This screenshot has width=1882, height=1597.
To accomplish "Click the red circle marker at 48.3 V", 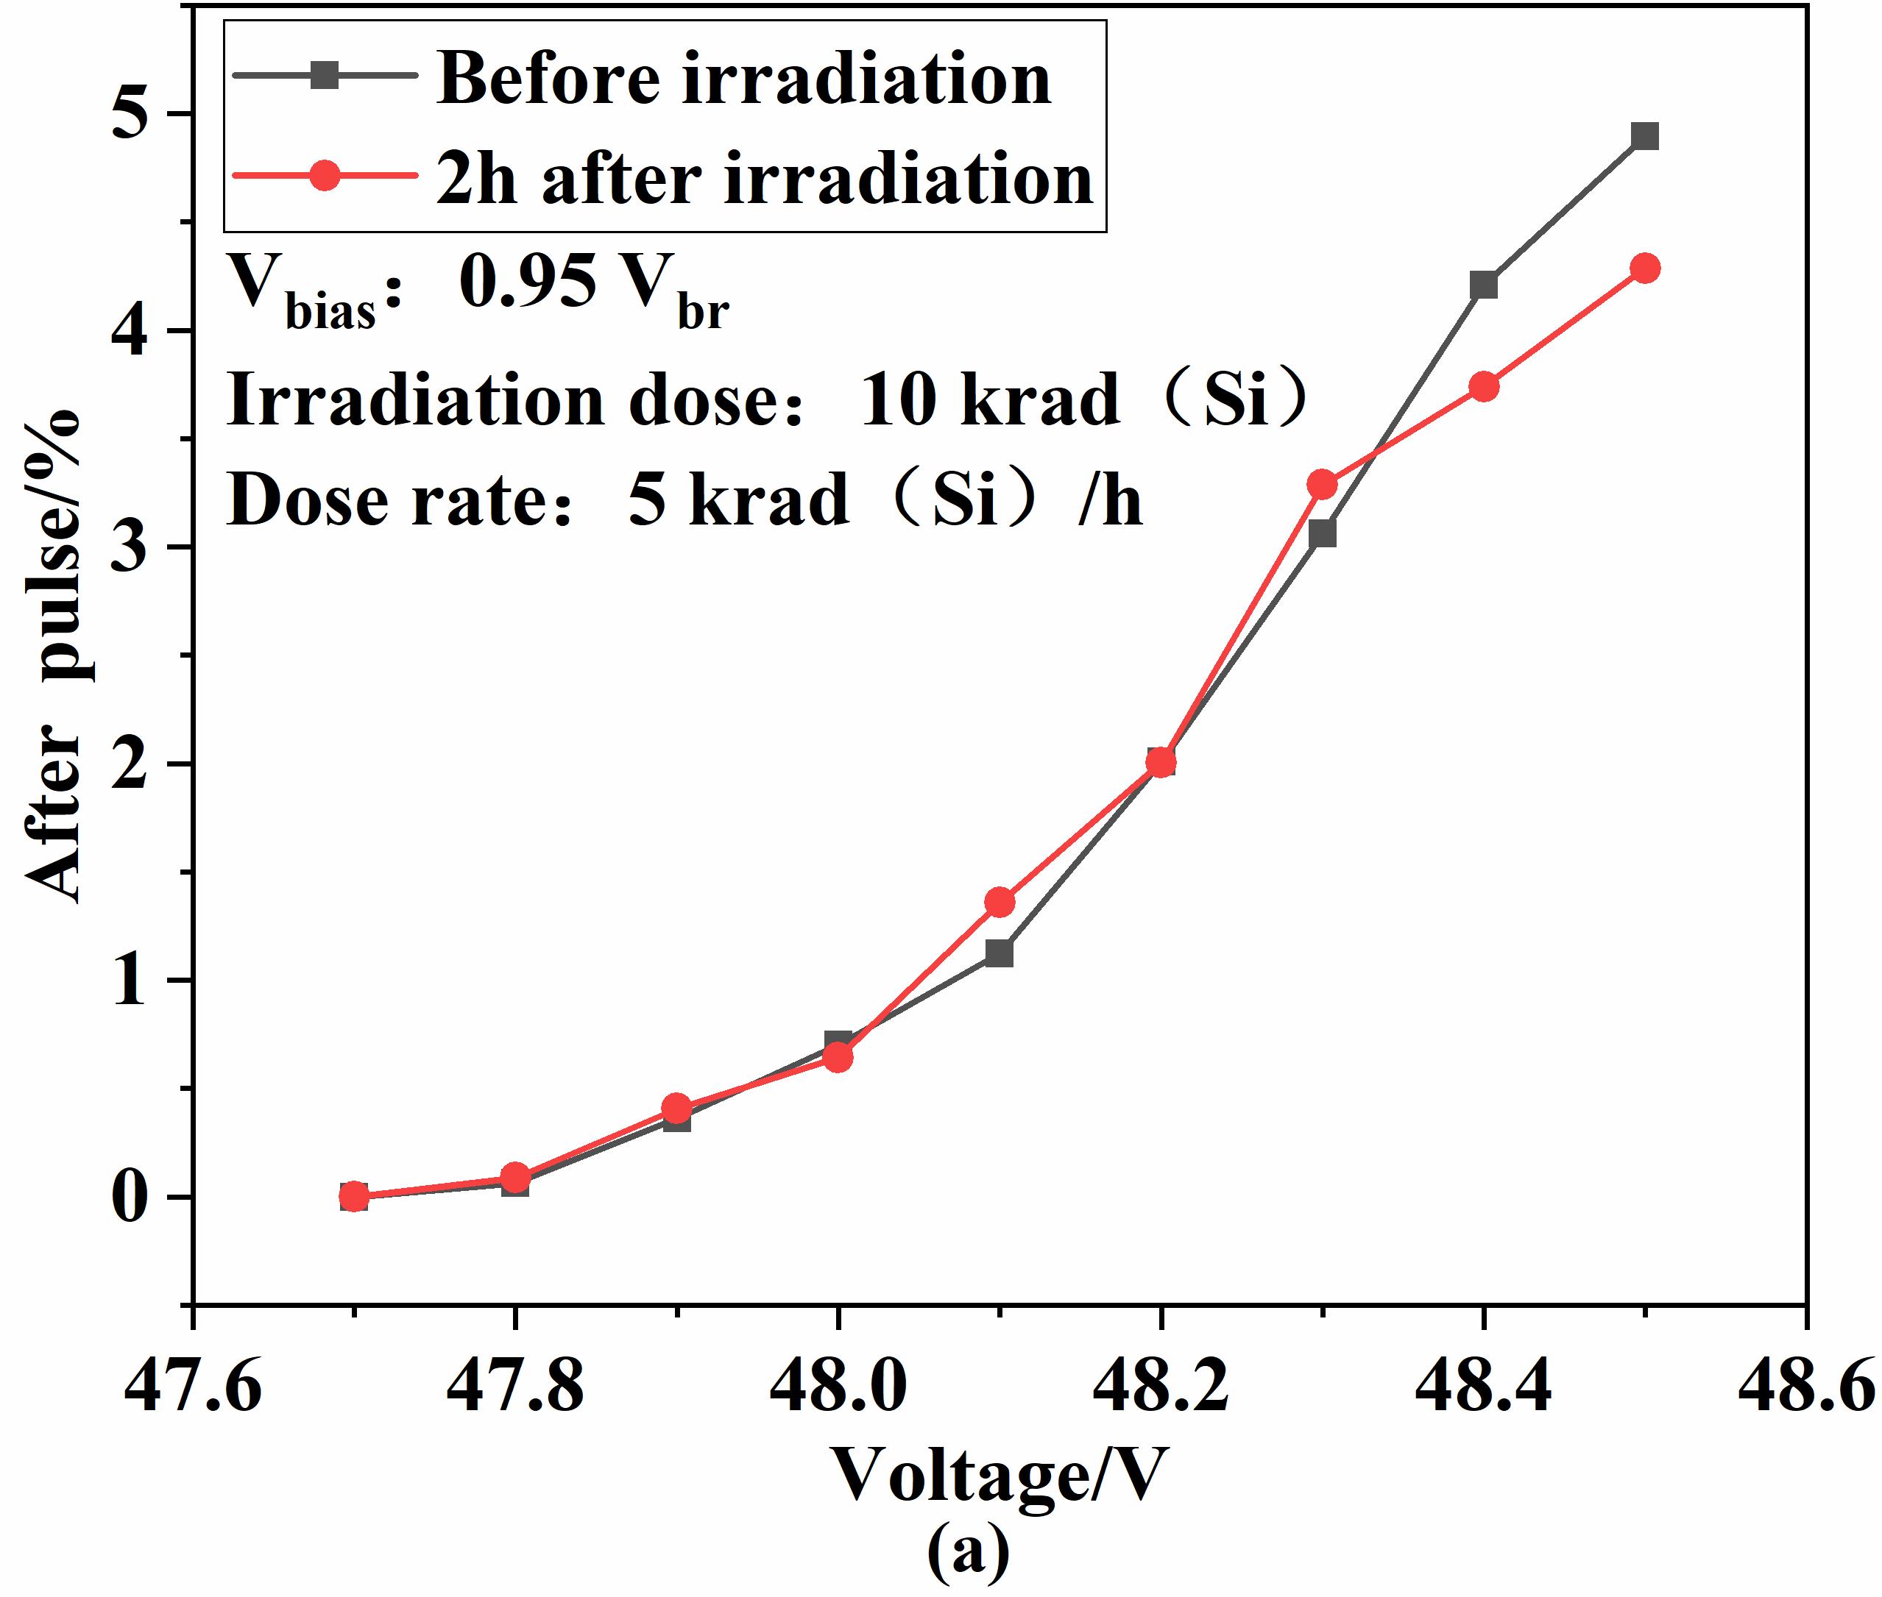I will click(1323, 484).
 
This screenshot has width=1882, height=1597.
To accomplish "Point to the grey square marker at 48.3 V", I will click(1323, 534).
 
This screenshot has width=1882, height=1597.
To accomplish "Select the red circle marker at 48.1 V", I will click(999, 902).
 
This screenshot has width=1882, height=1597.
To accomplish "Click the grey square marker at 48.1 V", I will click(999, 953).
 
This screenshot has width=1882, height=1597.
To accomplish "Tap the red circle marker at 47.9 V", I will click(676, 1107).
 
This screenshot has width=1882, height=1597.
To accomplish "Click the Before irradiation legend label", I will click(743, 79).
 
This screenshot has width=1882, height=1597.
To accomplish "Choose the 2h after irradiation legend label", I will click(765, 178).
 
